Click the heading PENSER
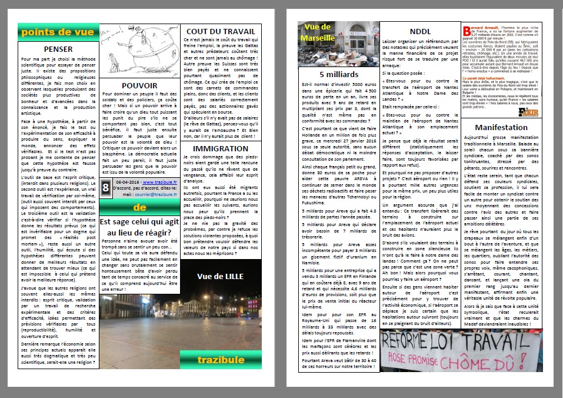click(58, 49)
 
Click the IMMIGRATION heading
click(220, 148)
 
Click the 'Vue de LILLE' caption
click(220, 276)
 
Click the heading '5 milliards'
click(338, 75)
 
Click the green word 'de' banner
click(139, 207)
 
